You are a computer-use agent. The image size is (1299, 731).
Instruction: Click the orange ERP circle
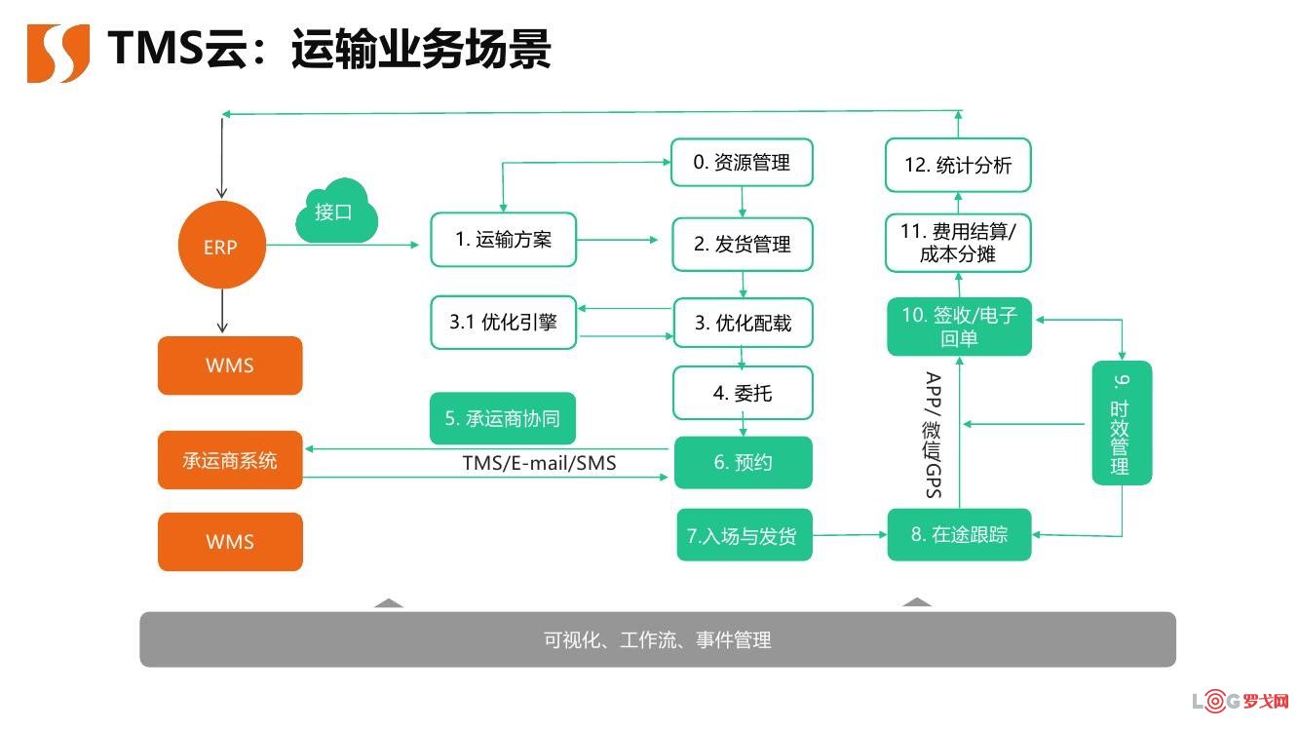click(x=221, y=246)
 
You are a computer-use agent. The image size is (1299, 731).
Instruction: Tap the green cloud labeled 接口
click(x=336, y=212)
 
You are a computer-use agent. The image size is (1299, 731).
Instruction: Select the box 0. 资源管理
click(x=742, y=163)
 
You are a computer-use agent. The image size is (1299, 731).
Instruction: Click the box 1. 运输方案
click(x=503, y=240)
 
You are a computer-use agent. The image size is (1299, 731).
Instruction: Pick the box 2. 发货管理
click(x=743, y=245)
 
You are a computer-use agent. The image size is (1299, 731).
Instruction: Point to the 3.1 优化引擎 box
click(x=503, y=323)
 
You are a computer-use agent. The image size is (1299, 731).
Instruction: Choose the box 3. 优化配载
click(x=743, y=324)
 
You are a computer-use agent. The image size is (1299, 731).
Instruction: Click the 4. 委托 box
click(x=743, y=394)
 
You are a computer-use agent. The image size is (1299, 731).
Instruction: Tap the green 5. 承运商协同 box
click(x=502, y=418)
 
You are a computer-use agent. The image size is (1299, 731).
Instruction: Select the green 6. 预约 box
click(x=743, y=462)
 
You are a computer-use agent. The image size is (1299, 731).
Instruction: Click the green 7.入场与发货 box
click(x=744, y=535)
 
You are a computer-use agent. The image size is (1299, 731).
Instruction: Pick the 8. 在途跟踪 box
click(x=959, y=535)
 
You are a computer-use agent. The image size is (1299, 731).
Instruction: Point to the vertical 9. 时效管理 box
click(x=1122, y=423)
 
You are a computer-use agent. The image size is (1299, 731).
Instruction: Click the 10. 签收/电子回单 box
click(x=959, y=327)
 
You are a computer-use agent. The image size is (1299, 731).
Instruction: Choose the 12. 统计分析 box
click(x=958, y=166)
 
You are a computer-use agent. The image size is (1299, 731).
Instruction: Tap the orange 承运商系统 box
click(x=230, y=460)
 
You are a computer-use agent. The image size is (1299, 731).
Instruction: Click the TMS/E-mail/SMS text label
click(x=539, y=463)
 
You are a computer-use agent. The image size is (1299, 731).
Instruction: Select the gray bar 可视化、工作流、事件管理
click(x=658, y=639)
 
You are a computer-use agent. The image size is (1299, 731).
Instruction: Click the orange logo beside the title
click(x=58, y=54)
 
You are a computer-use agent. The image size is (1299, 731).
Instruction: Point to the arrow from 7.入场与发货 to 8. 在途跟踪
click(x=850, y=535)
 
